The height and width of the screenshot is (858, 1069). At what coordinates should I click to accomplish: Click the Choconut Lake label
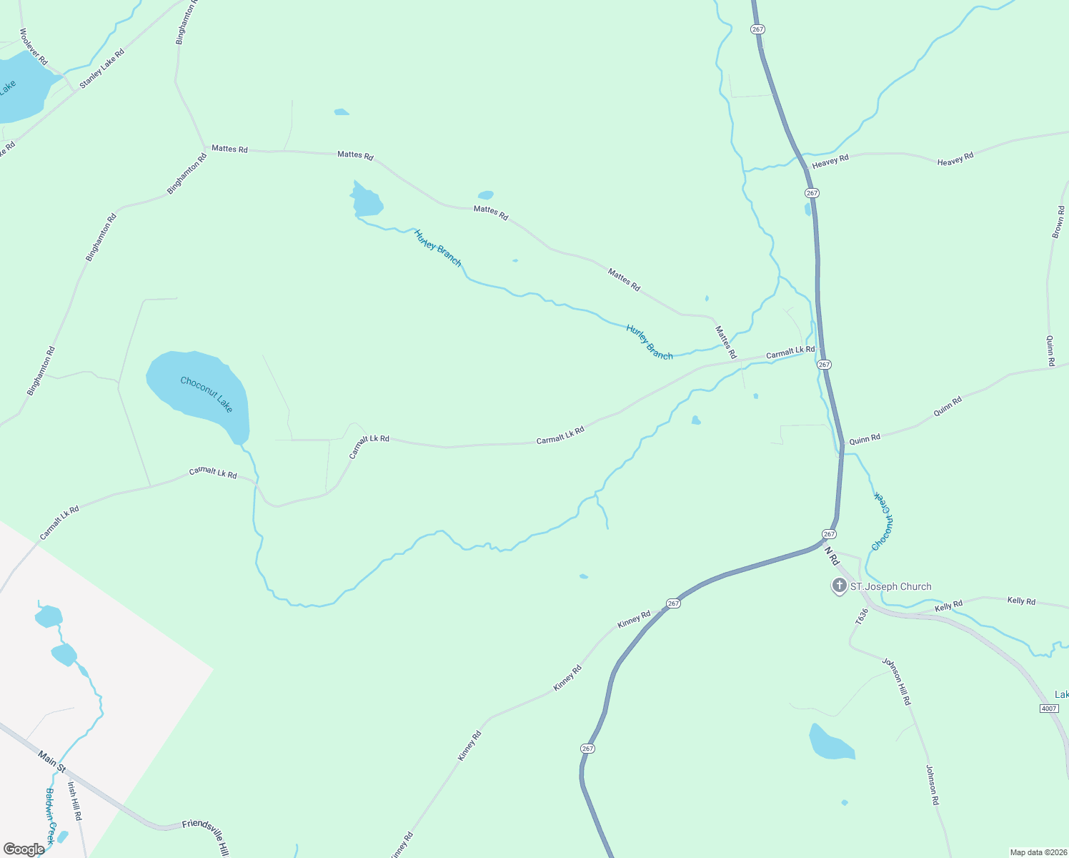pos(207,394)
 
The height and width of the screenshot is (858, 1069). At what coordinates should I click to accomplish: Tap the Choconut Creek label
pos(883,521)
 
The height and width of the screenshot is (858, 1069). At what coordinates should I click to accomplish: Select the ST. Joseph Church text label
pos(890,587)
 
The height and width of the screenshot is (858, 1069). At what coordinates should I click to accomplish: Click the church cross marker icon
pos(839,586)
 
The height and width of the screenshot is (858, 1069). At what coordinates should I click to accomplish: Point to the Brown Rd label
pos(1058,222)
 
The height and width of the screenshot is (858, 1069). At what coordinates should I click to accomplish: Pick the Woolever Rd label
pos(34,46)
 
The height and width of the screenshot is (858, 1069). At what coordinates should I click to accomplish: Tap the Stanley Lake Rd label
pos(101,69)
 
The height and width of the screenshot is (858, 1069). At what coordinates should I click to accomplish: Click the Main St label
pos(51,762)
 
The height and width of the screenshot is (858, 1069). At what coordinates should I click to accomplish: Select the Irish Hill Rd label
pos(74,801)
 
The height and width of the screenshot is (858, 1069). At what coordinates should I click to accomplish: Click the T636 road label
pos(862,616)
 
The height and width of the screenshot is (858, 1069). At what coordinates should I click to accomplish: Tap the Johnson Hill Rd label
pos(896,681)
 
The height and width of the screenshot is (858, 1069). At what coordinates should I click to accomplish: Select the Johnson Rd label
pos(933,785)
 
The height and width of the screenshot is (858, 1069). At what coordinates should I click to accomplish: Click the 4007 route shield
pos(1049,709)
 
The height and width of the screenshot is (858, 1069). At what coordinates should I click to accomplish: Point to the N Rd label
pos(832,556)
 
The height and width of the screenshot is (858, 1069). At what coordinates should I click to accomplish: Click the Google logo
pos(24,849)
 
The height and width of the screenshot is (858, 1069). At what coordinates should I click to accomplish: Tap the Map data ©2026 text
pos(1037,852)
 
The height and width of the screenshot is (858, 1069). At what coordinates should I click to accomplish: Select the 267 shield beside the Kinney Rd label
pos(673,603)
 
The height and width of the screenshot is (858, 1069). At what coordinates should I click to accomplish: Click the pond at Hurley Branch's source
pos(367,201)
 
